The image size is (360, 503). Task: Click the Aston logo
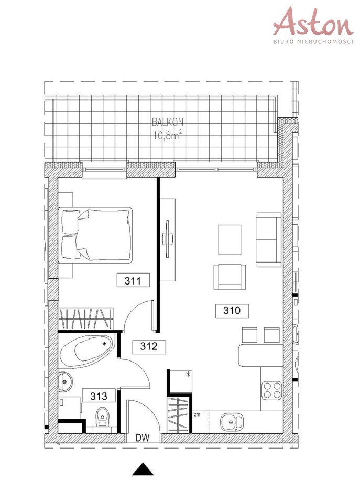(x=313, y=25)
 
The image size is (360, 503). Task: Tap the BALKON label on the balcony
(x=168, y=122)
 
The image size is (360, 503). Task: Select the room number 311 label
(x=133, y=281)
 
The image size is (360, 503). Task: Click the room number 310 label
(x=232, y=311)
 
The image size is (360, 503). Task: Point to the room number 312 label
(x=149, y=346)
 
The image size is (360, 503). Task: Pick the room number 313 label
(x=99, y=396)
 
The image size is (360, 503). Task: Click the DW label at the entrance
(x=143, y=438)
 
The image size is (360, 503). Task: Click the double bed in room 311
(x=95, y=235)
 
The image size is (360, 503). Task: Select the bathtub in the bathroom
(x=86, y=351)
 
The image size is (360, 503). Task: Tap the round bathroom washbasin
(x=66, y=382)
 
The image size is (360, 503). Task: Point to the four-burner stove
(x=271, y=390)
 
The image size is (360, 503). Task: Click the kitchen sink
(x=232, y=422)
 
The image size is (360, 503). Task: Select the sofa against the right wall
(x=268, y=239)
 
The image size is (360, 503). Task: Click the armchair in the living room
(x=230, y=277)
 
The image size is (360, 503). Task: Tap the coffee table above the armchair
(x=230, y=239)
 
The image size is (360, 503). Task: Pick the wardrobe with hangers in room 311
(x=86, y=319)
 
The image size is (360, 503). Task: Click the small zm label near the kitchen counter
(x=197, y=414)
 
